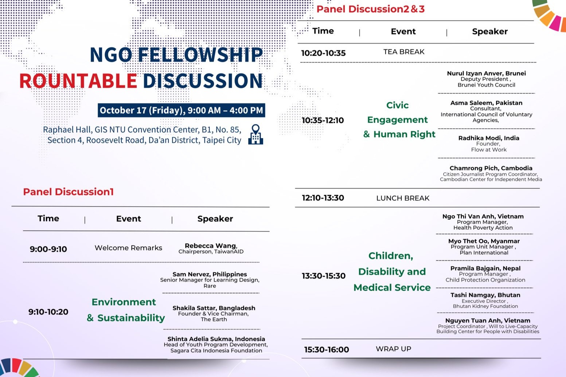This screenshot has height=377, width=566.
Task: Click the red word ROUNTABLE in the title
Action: [78, 81]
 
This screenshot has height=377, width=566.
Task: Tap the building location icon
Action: [255, 134]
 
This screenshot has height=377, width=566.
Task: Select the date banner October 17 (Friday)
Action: [181, 110]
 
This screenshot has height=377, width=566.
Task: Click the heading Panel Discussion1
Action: [69, 192]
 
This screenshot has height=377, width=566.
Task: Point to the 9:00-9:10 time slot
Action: [48, 249]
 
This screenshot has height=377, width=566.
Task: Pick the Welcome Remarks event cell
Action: [128, 248]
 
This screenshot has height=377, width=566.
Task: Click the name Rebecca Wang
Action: [211, 246]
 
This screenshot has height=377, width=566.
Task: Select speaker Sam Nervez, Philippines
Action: [210, 274]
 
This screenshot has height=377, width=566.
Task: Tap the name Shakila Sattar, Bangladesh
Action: [214, 308]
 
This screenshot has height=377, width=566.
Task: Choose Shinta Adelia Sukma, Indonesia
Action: [216, 339]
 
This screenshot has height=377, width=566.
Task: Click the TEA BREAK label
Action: [404, 52]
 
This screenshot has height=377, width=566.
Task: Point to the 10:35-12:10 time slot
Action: [323, 120]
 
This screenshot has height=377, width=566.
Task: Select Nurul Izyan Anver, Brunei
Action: [487, 73]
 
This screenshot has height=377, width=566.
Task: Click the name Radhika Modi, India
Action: [489, 138]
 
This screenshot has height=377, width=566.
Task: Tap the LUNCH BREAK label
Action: [403, 198]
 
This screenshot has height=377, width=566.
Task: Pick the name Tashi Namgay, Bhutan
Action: [485, 295]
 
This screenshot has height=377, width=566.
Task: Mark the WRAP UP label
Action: [393, 349]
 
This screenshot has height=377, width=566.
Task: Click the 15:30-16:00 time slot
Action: [327, 349]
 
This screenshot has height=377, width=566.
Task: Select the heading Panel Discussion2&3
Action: [370, 9]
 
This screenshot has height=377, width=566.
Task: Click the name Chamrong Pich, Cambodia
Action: [491, 168]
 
